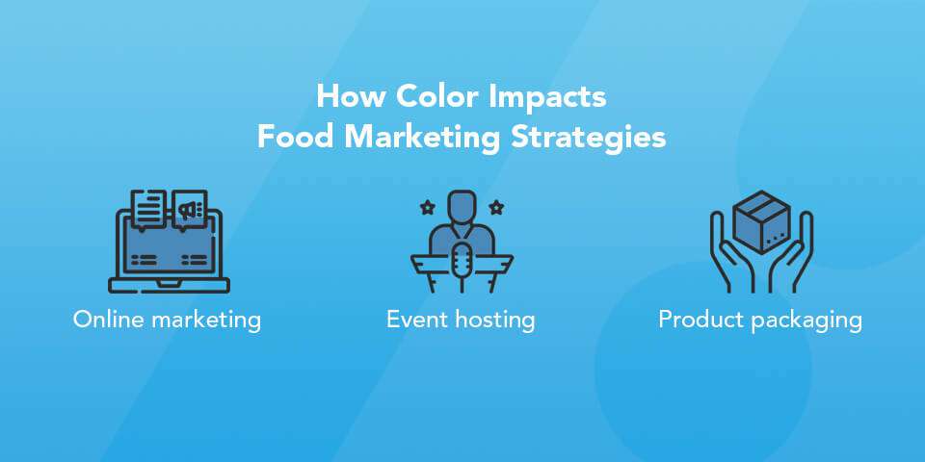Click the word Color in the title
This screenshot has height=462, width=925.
429,97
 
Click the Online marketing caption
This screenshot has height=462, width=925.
167,319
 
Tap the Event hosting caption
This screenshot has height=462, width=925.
461,319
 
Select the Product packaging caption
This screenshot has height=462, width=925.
760,319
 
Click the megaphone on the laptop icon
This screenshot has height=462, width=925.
190,208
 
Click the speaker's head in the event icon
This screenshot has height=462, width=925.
462,205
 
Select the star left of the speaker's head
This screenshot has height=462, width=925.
428,206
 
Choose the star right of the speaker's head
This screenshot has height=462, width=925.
496,206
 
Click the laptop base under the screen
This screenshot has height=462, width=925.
169,284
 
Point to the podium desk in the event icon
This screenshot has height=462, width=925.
462,258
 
